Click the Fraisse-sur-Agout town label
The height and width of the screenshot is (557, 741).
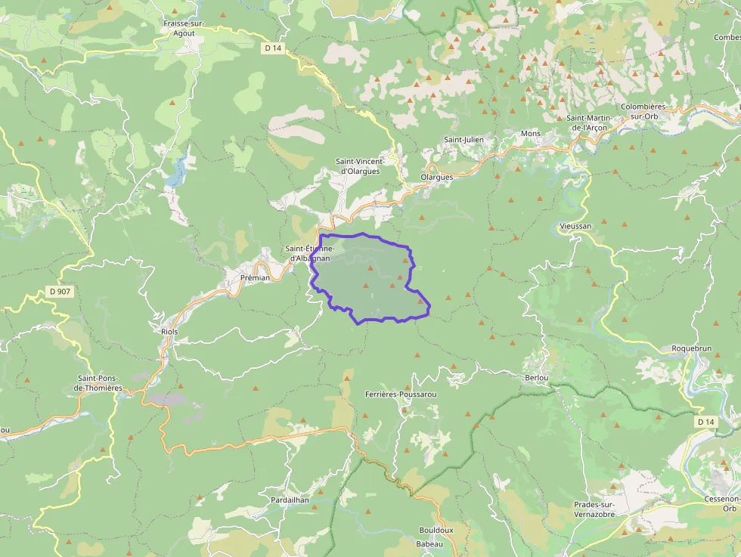(184, 28)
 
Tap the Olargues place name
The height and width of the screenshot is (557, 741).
(436, 178)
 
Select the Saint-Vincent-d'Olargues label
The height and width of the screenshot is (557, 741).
(361, 166)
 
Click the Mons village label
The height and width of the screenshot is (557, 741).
(531, 134)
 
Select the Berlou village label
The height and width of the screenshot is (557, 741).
(535, 377)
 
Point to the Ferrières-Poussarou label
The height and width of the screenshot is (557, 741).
(401, 395)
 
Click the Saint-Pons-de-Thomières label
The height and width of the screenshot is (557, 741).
(100, 383)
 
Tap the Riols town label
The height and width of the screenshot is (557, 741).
(169, 332)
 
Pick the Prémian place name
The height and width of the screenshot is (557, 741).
(254, 277)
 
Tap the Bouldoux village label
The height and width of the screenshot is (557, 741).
(436, 530)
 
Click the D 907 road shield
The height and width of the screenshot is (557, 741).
(60, 291)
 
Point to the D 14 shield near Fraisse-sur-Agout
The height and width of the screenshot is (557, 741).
(273, 48)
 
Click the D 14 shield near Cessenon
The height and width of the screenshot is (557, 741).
(705, 421)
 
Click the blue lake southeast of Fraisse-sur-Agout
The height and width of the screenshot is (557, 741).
(177, 173)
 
